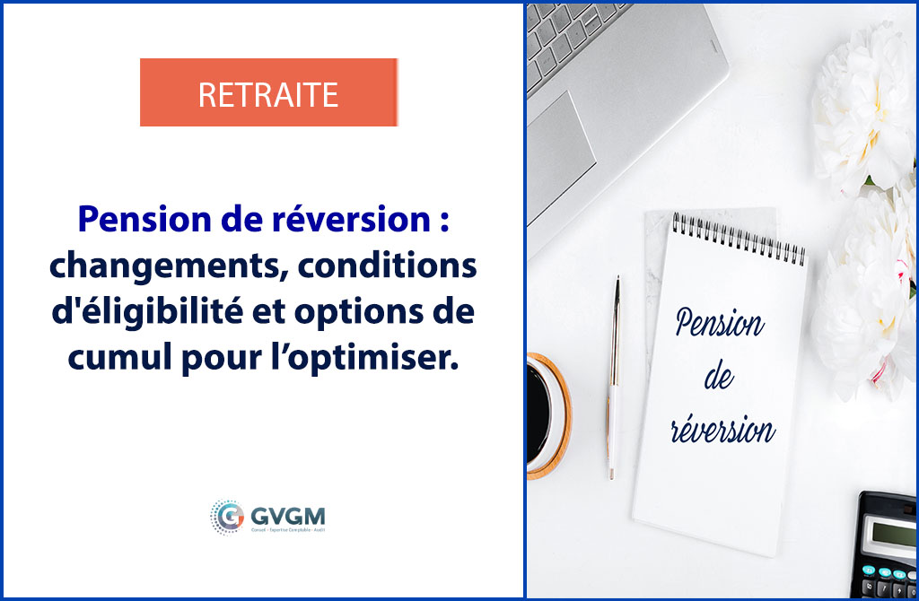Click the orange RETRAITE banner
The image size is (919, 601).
pyautogui.click(x=268, y=92)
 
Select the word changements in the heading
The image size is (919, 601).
pyautogui.click(x=150, y=266)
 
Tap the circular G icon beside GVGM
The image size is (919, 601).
pyautogui.click(x=227, y=518)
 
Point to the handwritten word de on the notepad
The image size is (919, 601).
pyautogui.click(x=719, y=378)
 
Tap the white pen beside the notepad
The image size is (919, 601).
pyautogui.click(x=614, y=377)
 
